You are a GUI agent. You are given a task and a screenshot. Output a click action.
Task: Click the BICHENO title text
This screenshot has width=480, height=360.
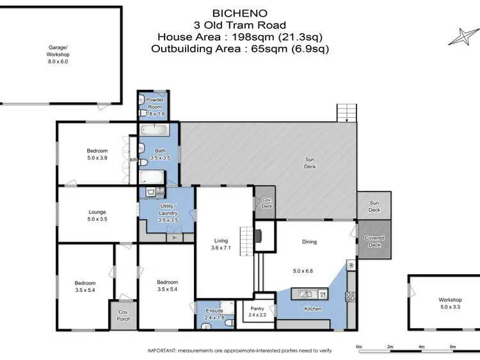[x=240, y=12]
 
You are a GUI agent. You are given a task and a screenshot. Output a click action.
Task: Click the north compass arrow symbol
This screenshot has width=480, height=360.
[x=462, y=37]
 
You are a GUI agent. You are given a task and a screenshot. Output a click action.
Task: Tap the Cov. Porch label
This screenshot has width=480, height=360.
[x=123, y=315]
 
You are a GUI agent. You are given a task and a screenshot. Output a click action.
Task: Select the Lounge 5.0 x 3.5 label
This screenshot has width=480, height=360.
[x=97, y=215]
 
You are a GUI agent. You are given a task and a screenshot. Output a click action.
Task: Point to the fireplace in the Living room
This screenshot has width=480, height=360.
[x=258, y=236]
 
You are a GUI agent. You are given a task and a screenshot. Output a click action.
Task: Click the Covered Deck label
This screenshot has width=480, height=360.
[x=374, y=240]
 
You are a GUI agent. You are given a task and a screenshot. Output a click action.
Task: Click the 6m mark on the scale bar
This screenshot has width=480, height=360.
[x=452, y=348]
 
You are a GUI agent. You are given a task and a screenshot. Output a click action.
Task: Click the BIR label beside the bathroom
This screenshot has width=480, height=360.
[x=134, y=160]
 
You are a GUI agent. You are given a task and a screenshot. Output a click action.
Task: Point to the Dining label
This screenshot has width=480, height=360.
[x=310, y=242]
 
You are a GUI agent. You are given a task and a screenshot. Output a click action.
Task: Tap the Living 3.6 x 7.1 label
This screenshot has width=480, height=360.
[x=220, y=245]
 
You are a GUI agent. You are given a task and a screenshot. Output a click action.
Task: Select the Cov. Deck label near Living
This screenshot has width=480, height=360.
[x=266, y=203]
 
